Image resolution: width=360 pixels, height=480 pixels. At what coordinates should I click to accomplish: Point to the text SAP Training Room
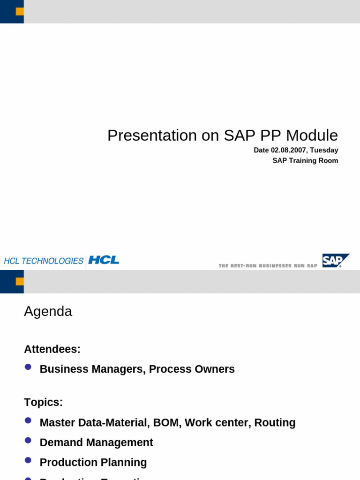(305, 161)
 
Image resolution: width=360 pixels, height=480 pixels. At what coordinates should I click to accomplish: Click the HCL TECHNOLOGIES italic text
(44, 261)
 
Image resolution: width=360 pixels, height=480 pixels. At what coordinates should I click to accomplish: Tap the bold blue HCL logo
(104, 260)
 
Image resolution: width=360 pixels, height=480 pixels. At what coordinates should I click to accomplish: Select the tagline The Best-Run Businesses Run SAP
(268, 266)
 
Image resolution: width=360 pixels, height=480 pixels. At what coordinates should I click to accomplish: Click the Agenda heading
(48, 312)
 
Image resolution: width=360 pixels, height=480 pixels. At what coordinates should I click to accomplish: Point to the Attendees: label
(52, 349)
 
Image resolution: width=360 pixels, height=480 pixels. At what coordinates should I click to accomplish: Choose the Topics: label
(43, 403)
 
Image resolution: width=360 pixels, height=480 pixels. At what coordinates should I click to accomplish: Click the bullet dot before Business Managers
(28, 367)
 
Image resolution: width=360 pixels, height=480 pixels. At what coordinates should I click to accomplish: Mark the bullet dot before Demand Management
(28, 441)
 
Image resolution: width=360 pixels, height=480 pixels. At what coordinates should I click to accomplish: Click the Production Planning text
(93, 463)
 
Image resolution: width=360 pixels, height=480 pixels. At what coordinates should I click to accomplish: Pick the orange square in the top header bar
(20, 11)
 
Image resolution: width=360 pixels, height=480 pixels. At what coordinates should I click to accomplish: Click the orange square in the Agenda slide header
(20, 281)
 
